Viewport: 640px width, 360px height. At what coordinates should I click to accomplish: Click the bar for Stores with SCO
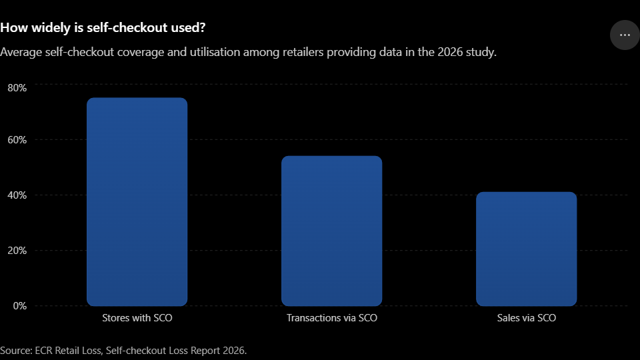coord(137,201)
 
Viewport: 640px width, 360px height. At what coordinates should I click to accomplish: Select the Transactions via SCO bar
coord(332,231)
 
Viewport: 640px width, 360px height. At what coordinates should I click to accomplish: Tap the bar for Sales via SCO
coord(527,249)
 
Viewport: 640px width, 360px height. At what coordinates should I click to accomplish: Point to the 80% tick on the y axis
coord(17,88)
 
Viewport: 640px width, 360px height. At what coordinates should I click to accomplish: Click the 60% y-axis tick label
coord(17,140)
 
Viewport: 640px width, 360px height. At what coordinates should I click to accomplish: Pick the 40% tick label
coord(17,195)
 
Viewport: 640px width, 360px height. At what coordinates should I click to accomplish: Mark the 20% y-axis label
coord(17,251)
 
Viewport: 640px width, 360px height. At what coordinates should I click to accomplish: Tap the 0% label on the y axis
coord(19,306)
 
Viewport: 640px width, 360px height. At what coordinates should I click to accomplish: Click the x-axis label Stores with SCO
coord(137,318)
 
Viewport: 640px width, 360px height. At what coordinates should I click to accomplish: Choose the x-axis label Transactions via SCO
coord(332,318)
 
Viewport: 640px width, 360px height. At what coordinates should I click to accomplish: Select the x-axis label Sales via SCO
coord(527,318)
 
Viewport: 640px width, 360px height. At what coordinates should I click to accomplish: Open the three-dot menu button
coord(625,35)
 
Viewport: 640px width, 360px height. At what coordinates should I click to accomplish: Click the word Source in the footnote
coord(16,351)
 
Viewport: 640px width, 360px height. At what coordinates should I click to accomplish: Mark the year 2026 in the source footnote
coord(233,351)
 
